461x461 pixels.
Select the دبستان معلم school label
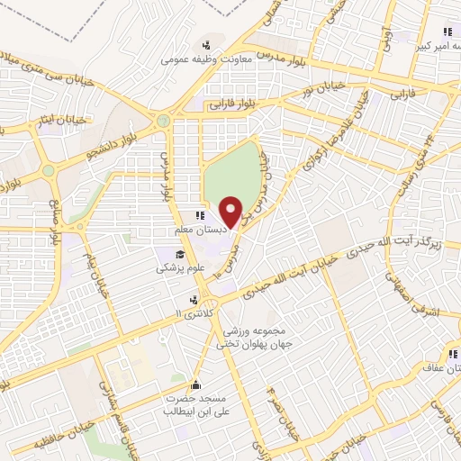coord(196,230)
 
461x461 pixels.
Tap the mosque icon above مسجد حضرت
coord(194,385)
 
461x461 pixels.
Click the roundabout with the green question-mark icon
coord(163,120)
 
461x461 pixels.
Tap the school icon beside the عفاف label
coord(452,355)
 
